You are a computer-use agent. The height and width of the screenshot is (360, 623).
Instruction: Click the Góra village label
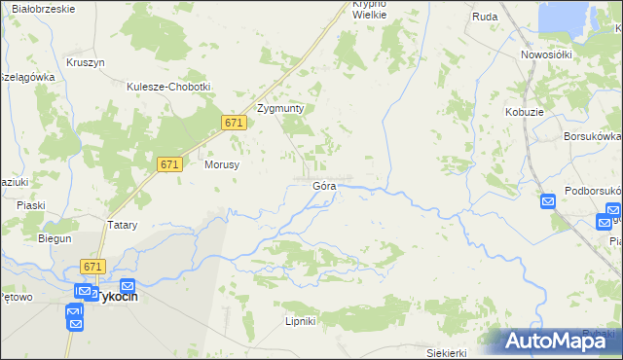point(324,185)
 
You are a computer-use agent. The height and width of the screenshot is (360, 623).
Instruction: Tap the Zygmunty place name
point(280,109)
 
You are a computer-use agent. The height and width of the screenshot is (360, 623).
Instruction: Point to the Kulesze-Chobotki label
point(168,87)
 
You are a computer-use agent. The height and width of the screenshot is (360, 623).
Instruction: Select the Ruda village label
point(485,17)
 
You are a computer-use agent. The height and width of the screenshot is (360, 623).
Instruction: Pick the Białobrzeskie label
point(39,9)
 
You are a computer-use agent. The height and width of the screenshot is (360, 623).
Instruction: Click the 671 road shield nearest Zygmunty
point(233,123)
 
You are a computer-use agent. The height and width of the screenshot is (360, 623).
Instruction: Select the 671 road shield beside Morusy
point(168,165)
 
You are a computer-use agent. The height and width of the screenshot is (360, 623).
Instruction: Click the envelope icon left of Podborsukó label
point(547,201)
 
